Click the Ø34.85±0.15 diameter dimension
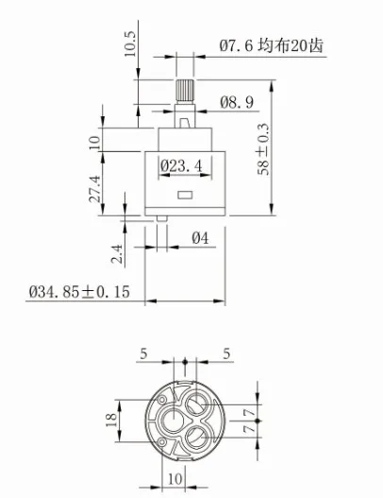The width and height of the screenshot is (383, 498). [77, 291]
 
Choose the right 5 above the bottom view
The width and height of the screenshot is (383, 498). [228, 354]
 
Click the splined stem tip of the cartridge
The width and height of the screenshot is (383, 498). [185, 93]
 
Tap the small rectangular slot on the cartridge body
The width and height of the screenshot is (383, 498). [185, 195]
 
